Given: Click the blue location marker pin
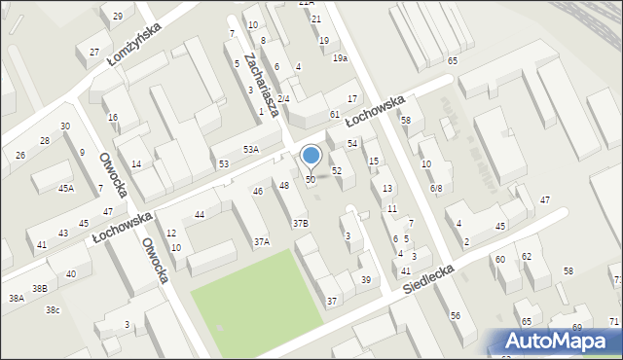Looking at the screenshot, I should (311, 156).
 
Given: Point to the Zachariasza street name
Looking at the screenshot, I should (263, 85).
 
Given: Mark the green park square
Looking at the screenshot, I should (255, 294).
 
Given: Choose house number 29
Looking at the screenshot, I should (118, 17).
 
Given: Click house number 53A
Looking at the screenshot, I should (250, 149).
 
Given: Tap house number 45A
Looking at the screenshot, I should (65, 189).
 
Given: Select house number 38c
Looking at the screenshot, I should (53, 310).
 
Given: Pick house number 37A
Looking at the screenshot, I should (262, 241).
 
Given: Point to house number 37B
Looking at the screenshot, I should (301, 223).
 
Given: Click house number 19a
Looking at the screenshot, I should (339, 58).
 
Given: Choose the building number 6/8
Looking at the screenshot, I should (436, 188).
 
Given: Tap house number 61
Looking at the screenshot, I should (334, 115).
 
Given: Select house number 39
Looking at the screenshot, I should (366, 280).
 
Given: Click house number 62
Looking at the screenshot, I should (527, 257).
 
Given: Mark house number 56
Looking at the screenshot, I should (455, 316).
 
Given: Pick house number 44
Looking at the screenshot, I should (200, 214).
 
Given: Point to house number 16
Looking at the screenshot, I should (113, 117).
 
